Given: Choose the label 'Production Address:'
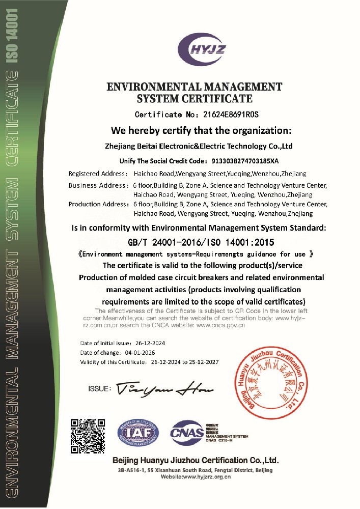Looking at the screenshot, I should pos(98,204).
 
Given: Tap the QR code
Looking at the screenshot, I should pos(88,436).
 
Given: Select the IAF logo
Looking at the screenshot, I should pos(138,434).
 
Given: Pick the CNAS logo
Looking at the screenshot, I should pos(186,434).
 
